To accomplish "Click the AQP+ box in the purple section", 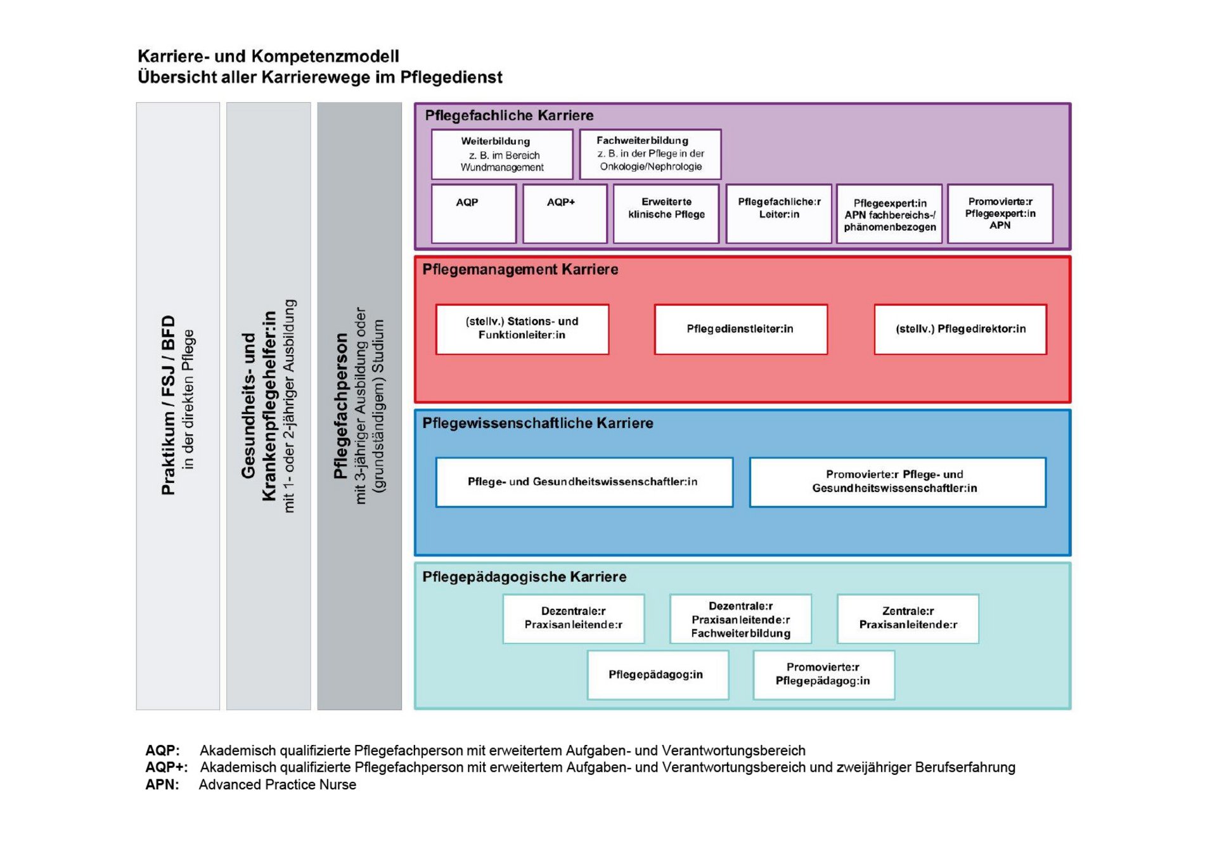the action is point(565,214).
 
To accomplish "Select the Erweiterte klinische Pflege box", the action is point(666,214).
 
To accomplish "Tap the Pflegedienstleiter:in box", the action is point(740,329).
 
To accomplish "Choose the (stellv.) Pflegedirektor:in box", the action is point(960,329).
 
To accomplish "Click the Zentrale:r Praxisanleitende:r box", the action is point(908,618).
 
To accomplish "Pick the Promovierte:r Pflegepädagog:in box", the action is point(823,675).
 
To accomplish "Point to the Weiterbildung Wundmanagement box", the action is point(502,154).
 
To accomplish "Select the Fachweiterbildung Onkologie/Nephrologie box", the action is point(650,154).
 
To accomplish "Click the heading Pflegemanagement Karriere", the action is point(520,269).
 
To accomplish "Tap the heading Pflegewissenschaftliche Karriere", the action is point(538,423).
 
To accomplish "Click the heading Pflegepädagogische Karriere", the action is point(524,577).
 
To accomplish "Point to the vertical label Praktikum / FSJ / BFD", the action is point(168,405).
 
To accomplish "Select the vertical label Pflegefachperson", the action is point(341,406).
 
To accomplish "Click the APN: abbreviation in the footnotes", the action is point(162,784).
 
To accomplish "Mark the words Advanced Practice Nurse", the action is point(278,784).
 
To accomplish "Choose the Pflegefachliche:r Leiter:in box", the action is point(778,214).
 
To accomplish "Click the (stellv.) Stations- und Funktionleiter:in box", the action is point(522,329).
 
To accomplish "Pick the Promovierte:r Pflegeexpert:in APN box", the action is point(1000,214).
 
